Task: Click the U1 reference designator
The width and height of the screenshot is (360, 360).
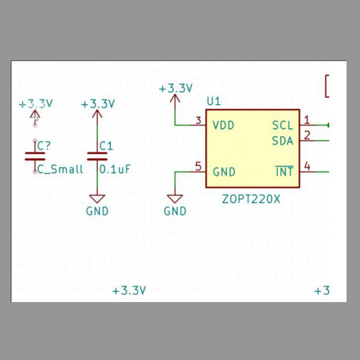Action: coord(214,101)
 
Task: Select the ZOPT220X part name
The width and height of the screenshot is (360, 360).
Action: coord(251,199)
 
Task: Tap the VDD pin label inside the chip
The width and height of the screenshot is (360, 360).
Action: coord(223,125)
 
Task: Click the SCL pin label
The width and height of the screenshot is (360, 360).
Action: coord(282,125)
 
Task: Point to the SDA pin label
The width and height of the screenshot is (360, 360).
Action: coord(282,141)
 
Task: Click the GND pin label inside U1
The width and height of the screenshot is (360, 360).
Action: coord(224,172)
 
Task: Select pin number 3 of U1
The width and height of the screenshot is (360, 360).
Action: coord(198,120)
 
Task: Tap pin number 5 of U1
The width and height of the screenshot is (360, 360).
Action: coord(198,166)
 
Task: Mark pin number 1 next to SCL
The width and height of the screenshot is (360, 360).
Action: coord(307,119)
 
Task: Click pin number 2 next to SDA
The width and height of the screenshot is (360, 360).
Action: coord(307,134)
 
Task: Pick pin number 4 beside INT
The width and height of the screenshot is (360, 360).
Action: coord(307,166)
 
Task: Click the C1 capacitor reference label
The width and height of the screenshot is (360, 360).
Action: coord(106,146)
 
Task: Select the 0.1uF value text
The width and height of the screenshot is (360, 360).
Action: coord(115,169)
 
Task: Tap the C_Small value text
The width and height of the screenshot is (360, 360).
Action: coord(60,169)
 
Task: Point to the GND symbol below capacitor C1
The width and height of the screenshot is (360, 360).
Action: coord(97,199)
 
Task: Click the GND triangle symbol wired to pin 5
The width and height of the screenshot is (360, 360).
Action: coord(175,199)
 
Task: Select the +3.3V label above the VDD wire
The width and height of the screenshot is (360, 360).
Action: coord(175,88)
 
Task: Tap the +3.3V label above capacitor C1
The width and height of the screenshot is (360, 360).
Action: coord(98,104)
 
